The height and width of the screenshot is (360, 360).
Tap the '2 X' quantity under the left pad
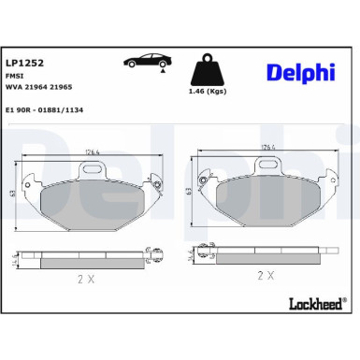coord(85,279)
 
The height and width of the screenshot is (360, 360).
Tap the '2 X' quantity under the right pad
coord(265,276)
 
